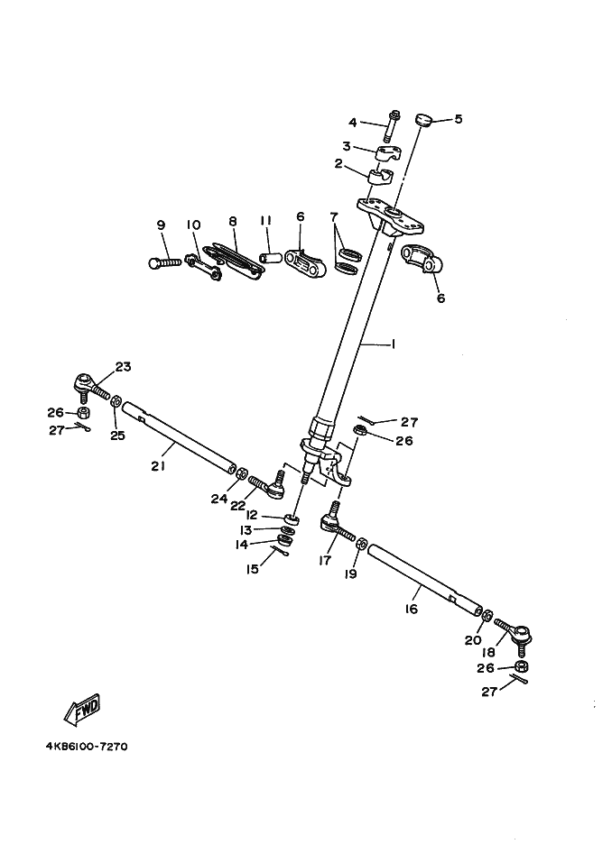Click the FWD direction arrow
tap(82, 709)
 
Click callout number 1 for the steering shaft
tap(393, 344)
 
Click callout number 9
tap(162, 225)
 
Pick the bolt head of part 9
tap(154, 262)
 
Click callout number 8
tap(232, 221)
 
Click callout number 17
tap(323, 560)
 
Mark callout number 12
tap(252, 515)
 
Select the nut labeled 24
tap(243, 472)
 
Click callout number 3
tap(346, 146)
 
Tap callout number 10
tap(193, 225)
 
